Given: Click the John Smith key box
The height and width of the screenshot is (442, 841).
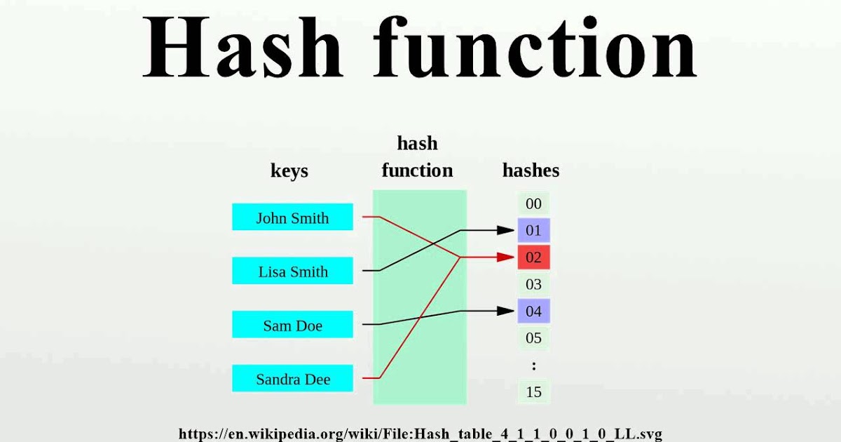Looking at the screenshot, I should tap(292, 217).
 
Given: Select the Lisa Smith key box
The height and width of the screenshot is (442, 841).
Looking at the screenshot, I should tap(292, 272).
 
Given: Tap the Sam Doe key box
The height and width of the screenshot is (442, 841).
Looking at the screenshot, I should tap(292, 326).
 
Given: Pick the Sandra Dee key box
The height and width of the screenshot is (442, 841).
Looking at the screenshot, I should tap(292, 380).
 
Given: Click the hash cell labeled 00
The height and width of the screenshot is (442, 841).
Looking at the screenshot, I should tap(533, 204).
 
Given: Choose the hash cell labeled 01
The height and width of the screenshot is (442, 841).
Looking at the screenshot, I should tap(533, 230).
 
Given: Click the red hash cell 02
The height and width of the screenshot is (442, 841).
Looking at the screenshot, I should tap(533, 257).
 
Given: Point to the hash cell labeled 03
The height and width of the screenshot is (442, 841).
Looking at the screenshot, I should tap(533, 284).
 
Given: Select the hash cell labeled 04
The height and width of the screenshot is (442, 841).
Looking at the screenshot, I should tap(533, 311).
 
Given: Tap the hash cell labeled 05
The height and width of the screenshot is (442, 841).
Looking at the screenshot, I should tap(533, 338).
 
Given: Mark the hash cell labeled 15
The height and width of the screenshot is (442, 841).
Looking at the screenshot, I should tap(533, 391).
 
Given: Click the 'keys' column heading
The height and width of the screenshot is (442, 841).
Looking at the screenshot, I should tap(289, 170).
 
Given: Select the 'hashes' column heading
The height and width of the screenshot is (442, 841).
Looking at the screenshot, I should tap(531, 170).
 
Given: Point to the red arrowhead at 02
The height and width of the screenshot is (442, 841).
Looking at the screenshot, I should tap(506, 257).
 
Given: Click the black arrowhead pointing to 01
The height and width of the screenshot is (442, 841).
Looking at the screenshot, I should tap(506, 229).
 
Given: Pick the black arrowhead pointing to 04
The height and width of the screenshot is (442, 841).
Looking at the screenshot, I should tap(506, 310).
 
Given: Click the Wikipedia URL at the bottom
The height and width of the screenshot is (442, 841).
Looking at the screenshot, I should tap(420, 434).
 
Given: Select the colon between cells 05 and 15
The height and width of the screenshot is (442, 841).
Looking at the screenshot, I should tap(533, 366).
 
